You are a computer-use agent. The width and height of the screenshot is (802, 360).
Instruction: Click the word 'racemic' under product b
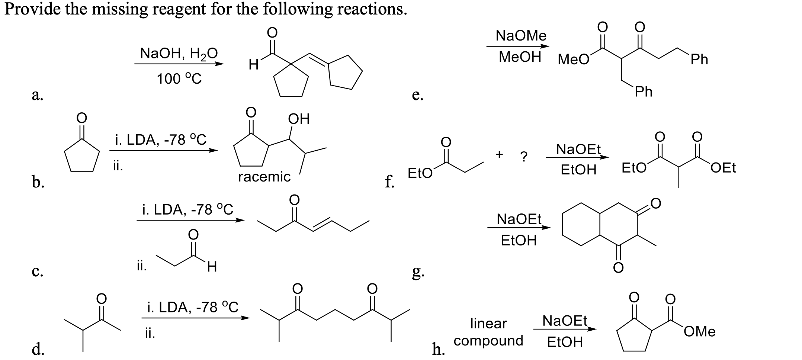click(264, 176)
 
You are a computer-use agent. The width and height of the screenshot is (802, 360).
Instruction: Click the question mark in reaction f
click(523, 157)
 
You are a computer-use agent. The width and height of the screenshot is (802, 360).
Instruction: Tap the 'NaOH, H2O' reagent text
click(179, 54)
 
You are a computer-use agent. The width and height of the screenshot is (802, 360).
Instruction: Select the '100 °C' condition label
click(179, 79)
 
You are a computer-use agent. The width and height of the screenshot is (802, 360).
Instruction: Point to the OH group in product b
click(298, 119)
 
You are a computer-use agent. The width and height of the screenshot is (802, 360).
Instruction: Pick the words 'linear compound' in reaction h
click(488, 332)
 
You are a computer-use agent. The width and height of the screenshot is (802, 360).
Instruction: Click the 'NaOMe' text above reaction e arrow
click(521, 36)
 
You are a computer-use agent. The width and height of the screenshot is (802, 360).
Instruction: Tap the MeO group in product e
click(573, 60)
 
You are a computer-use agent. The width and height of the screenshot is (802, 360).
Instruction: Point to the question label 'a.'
click(37, 95)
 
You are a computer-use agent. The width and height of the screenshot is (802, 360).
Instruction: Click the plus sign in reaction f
click(500, 153)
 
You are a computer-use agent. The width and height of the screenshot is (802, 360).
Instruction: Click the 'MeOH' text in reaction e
click(520, 57)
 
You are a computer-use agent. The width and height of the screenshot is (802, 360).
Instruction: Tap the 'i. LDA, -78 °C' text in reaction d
click(192, 308)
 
